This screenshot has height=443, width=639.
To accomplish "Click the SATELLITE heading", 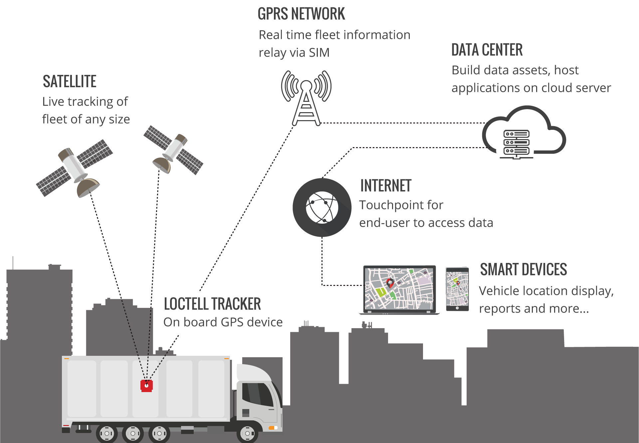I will tap(70, 82).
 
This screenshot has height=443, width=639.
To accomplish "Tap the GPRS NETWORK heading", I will tap(301, 14).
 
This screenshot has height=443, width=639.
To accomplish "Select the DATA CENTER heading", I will tap(487, 50).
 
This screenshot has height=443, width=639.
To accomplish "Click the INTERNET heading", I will tap(386, 186).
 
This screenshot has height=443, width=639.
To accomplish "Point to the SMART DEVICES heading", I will tap(523, 270).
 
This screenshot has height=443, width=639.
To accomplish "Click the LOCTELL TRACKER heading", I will tap(212, 304).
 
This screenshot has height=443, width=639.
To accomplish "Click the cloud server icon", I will tap(524, 133).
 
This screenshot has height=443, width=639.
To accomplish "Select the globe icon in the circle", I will tap(322, 207).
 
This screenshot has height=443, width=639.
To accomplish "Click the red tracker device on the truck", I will tap(146, 386).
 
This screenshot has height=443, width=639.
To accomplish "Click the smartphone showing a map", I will tap(457, 289).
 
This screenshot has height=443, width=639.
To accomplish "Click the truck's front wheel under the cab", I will tap(247, 433).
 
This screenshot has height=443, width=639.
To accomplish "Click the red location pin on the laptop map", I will tap(390, 283).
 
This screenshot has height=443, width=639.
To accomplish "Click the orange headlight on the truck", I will tap(273, 428).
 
